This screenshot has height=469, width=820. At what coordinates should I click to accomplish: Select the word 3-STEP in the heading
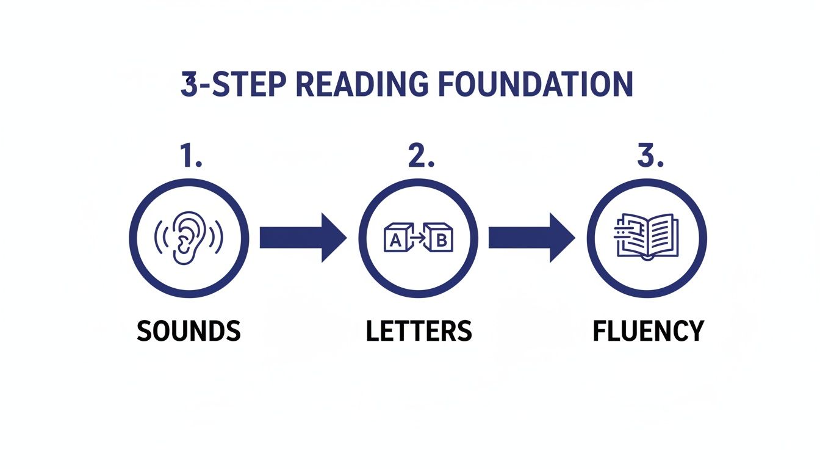coord(234,85)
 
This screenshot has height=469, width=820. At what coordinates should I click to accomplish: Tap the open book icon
coord(646,237)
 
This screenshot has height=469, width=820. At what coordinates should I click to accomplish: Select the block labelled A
coord(395,240)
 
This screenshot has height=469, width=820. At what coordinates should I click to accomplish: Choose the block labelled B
coord(441,240)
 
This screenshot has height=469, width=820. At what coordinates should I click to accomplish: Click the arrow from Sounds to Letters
coord(303,238)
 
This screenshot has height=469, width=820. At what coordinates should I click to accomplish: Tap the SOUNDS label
coord(189,331)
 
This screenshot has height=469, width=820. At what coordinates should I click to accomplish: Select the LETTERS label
coord(419,331)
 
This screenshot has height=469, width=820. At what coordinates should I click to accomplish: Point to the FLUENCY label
coord(648,331)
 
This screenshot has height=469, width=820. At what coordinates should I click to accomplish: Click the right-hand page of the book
coord(660,234)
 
